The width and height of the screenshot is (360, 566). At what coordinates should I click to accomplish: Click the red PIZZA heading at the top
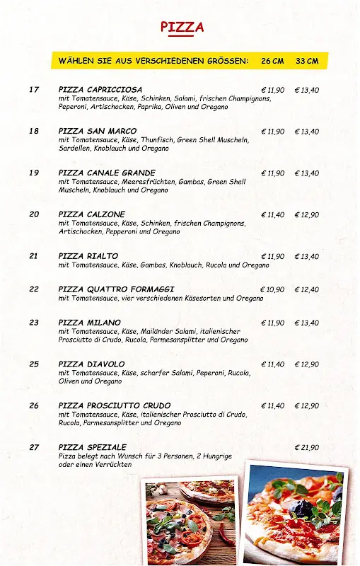coord(182,27)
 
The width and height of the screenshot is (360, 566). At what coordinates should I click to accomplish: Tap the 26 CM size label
coord(272,61)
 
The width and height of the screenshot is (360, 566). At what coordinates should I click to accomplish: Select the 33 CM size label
coord(307,61)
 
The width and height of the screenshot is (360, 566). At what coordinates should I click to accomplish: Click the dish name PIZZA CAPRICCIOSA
coord(100,90)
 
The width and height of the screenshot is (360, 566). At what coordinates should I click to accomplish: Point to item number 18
coord(34,131)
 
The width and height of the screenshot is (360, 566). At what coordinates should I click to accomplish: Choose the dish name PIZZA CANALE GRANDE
coord(107,173)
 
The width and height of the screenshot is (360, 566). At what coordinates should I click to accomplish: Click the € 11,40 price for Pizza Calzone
coord(272,214)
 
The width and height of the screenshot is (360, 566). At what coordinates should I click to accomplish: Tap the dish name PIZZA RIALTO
coord(88,256)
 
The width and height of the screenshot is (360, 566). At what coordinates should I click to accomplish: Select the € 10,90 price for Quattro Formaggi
coord(272,289)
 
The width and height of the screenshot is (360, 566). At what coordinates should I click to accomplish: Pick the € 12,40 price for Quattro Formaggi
coord(306,289)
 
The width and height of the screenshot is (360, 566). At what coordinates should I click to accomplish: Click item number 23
coord(34,323)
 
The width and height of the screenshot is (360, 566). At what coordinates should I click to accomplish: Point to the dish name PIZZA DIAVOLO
coord(91,364)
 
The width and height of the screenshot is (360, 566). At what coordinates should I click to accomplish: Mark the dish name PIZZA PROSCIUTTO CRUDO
coord(115,405)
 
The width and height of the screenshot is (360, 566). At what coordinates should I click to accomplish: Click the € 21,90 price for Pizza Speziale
coord(306,447)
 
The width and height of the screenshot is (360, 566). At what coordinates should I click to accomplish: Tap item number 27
coord(34,447)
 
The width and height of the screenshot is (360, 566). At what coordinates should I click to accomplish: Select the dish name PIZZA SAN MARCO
coord(98,131)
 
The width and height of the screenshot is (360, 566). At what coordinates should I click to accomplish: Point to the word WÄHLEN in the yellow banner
coord(76,61)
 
